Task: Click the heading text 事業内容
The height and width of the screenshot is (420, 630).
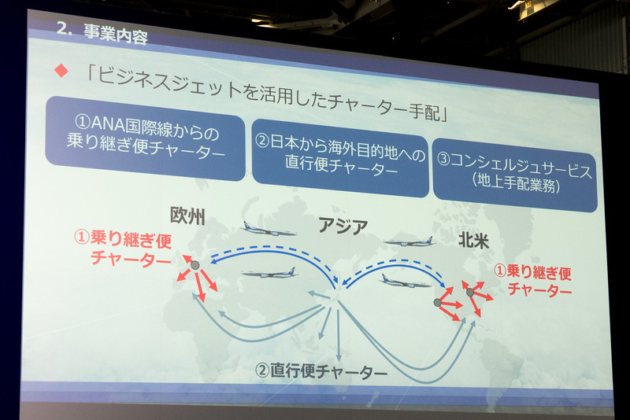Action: tap(118, 35)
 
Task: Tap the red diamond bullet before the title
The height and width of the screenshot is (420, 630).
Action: tap(58, 72)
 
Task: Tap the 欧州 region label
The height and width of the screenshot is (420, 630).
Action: tap(187, 218)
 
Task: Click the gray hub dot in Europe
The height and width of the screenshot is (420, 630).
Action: tap(195, 266)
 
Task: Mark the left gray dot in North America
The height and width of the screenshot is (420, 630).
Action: tap(439, 302)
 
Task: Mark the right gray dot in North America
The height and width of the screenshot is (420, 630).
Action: tap(470, 293)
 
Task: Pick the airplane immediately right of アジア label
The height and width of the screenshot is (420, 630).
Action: tap(409, 241)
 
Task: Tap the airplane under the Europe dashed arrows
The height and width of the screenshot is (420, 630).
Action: tap(269, 273)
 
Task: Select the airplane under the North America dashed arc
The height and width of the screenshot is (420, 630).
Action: tap(405, 281)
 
